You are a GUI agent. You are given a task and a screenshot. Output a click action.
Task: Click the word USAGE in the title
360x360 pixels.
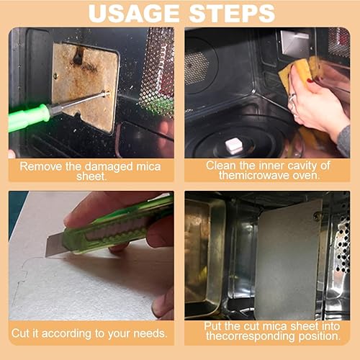134,14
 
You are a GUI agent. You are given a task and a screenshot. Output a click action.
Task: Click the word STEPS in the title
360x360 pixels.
232,14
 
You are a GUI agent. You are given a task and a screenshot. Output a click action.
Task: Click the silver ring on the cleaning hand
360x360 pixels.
292,99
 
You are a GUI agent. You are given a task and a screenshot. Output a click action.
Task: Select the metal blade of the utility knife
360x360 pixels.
55,245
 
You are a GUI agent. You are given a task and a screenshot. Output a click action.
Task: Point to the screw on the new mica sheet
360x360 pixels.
318,217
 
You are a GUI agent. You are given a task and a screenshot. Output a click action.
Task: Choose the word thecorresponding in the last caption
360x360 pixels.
251,336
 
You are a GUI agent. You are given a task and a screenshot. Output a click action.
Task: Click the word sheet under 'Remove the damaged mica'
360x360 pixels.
91,176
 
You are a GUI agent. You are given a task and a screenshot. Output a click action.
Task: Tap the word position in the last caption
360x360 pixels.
319,336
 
